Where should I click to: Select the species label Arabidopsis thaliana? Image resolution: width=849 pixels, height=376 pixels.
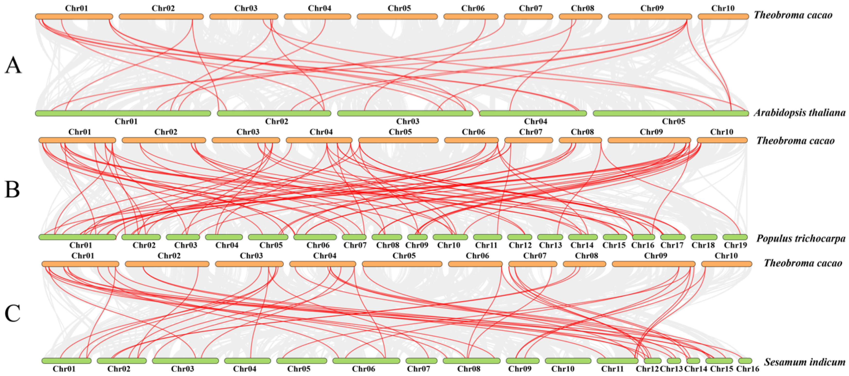800,113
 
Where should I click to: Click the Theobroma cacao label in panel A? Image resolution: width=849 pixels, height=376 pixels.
793,15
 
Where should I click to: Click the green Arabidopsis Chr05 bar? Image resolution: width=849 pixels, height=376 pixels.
671,114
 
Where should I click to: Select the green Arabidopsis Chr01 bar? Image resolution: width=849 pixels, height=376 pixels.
123,114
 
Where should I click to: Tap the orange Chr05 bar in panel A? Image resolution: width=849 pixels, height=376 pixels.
397,17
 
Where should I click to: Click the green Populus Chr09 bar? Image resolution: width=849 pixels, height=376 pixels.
417,237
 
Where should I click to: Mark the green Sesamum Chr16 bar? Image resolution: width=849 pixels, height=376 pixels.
745,361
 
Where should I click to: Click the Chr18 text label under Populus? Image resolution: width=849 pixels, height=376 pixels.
703,245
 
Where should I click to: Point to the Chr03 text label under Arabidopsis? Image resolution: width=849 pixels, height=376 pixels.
408,122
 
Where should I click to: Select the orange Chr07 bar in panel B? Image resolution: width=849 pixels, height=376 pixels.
529,140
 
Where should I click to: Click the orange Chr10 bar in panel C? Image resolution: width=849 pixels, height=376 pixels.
727,264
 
